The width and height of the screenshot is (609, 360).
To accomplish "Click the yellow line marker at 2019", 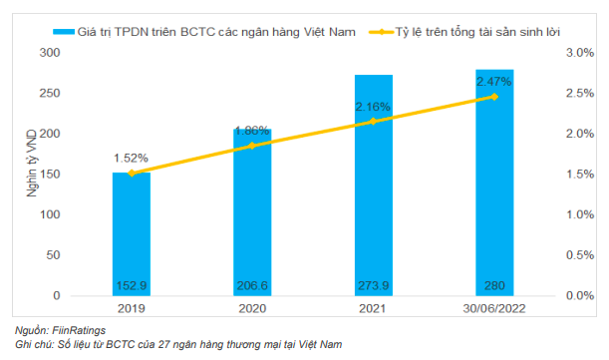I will click(131, 174).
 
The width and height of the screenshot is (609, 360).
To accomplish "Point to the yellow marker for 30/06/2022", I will click(494, 97).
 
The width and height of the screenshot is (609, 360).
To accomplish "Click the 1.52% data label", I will click(131, 158).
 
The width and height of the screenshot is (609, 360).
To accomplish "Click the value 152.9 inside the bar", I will click(131, 286).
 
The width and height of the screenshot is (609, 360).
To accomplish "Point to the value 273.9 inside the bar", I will click(374, 286).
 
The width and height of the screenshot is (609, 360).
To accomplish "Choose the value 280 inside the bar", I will click(494, 286).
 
